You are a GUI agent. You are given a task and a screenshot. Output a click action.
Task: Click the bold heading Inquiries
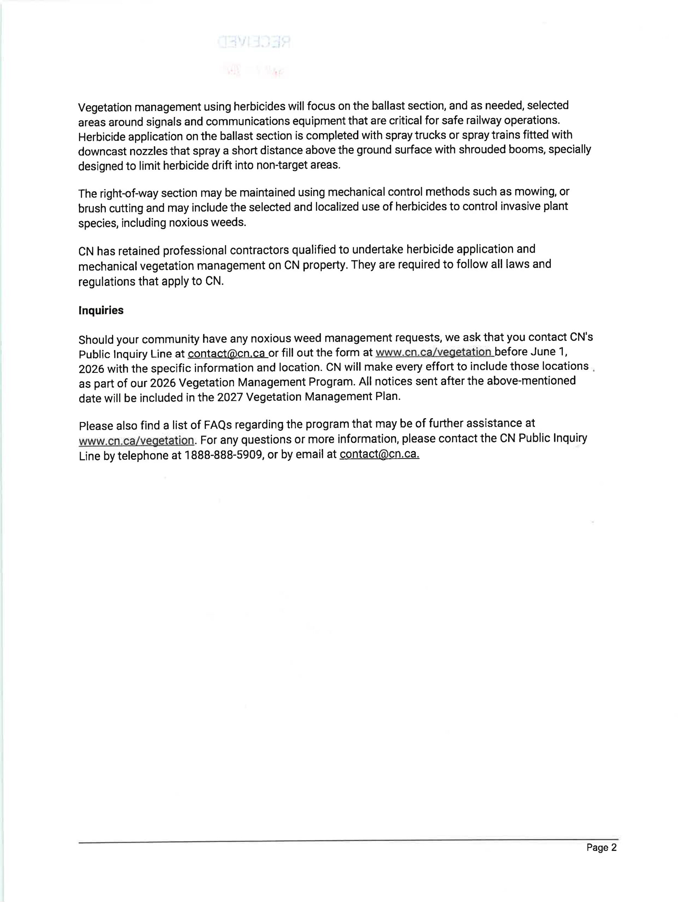pyautogui.click(x=101, y=310)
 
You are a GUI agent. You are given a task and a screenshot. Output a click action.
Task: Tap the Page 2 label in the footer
pyautogui.click(x=601, y=847)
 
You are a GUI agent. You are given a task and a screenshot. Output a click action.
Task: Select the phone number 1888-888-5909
pyautogui.click(x=223, y=455)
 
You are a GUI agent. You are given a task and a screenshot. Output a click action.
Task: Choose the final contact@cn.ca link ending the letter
pyautogui.click(x=379, y=454)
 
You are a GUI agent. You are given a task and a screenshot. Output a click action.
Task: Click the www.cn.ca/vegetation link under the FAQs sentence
pyautogui.click(x=136, y=440)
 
